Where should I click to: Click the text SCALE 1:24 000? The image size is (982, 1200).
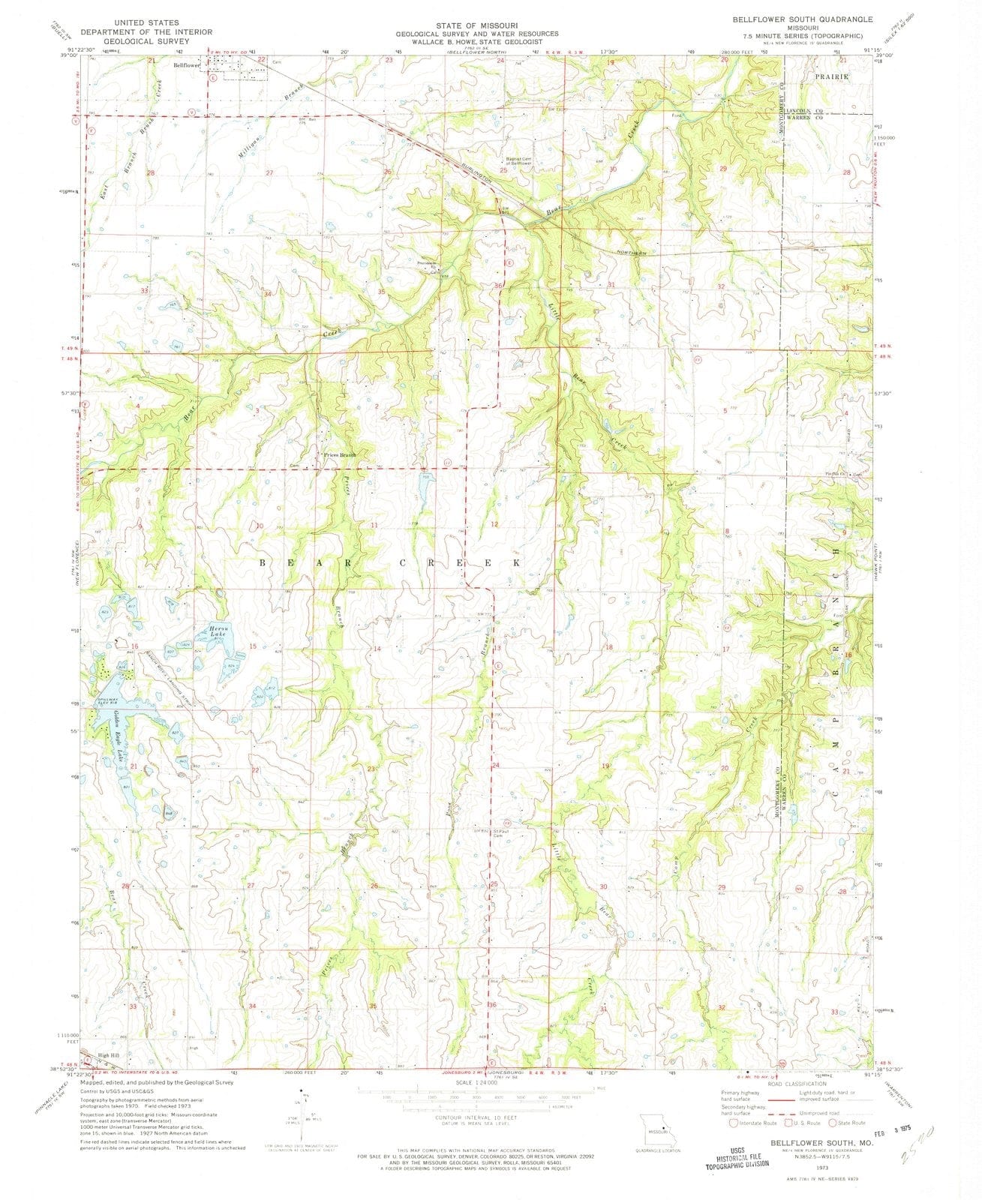[x=476, y=1083]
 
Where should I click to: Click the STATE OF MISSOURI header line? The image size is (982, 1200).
[x=478, y=25]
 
